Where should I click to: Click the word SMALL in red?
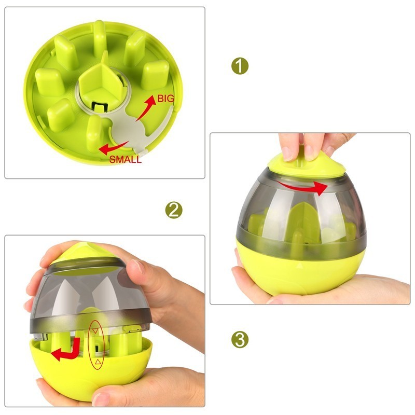point(125,160)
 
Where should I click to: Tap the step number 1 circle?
point(239,66)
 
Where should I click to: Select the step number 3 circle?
point(239,340)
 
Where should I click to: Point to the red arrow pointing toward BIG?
point(150,111)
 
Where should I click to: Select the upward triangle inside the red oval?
point(96,361)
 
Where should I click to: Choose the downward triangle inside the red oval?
point(95,330)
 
